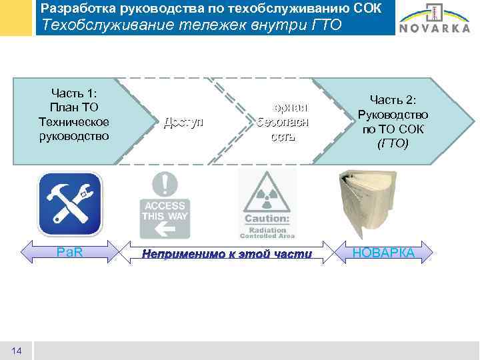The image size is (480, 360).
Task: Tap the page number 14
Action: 17,351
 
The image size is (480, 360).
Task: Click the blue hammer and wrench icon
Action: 69,204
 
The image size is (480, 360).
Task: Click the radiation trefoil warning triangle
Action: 267,193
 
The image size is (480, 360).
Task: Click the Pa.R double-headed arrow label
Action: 69,253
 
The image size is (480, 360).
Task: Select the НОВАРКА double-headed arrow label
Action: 383,253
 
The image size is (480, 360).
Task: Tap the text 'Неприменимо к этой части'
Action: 227,253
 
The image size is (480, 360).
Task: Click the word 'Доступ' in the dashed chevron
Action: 183,122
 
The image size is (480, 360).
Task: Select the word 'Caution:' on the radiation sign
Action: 267,218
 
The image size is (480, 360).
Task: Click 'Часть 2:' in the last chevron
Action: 393,99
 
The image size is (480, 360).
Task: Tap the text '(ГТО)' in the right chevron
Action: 393,143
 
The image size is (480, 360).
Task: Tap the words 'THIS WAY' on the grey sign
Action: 165,215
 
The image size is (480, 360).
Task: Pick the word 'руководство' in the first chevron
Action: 74,135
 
